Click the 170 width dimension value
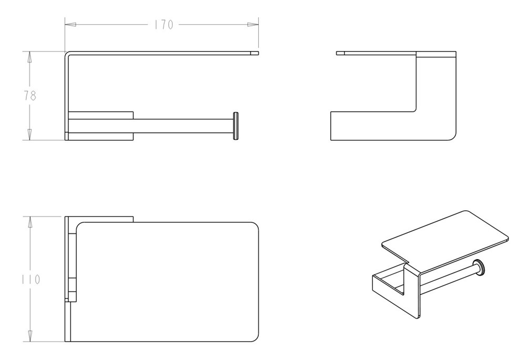point(164,25)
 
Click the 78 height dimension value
point(30,96)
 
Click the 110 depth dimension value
point(31,279)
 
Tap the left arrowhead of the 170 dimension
point(70,25)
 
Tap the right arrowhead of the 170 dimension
point(253,25)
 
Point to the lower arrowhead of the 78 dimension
point(29,135)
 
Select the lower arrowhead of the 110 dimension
point(30,336)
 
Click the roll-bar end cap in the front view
point(236,126)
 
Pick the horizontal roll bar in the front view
point(183,126)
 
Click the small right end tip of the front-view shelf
point(255,53)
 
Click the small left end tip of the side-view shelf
point(340,53)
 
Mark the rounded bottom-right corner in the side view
point(452,137)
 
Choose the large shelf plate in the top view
point(168,282)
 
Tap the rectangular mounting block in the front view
point(100,126)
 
